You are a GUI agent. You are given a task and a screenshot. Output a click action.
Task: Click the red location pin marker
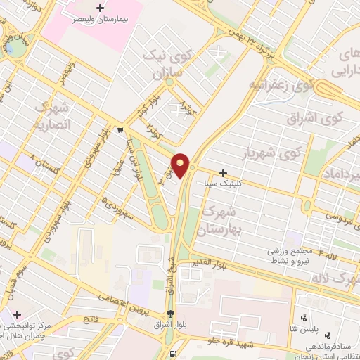181,165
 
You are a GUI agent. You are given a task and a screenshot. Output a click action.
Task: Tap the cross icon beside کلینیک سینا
223,173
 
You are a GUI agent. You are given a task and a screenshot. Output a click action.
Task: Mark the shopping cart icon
121,129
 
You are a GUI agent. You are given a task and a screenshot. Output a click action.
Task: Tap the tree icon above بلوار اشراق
169,314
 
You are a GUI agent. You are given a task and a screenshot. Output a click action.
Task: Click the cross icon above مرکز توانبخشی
18,314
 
